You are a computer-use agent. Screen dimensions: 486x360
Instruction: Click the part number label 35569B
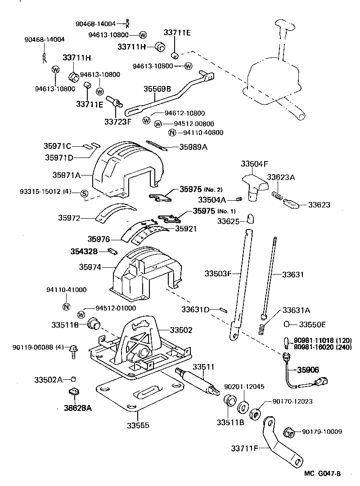157,89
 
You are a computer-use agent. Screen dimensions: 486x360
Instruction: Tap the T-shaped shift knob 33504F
252,184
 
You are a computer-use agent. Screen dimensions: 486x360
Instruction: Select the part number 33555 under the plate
139,425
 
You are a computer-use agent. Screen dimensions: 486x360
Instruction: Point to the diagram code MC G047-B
322,473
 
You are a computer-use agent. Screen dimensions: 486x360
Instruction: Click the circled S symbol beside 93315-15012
84,193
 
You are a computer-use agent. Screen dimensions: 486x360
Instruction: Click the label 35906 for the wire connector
308,370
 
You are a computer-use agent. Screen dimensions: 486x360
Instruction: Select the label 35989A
193,147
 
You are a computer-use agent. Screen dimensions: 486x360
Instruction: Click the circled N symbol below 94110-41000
66,307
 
